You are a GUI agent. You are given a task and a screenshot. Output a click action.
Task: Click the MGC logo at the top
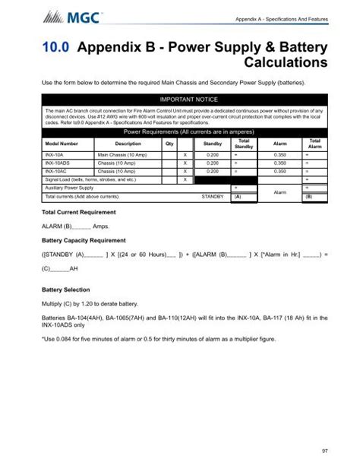tap(62, 14)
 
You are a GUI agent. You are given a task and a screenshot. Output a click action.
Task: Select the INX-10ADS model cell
tap(58, 163)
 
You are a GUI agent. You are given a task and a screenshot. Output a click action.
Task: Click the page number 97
tap(324, 451)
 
